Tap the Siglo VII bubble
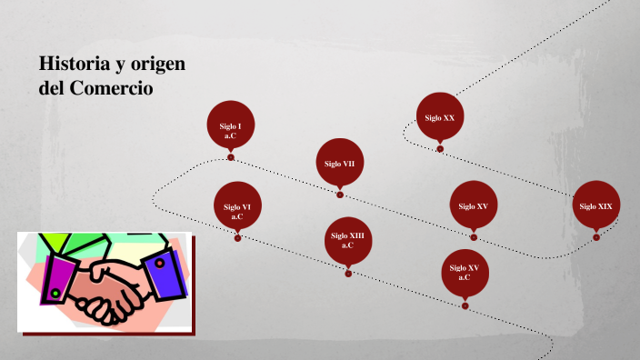click(340, 164)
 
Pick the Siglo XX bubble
click(441, 117)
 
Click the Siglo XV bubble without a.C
click(474, 207)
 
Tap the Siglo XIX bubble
click(596, 207)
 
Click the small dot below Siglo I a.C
click(231, 156)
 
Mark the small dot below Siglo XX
click(441, 148)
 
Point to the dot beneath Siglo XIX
click(596, 237)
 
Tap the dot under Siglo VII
click(340, 195)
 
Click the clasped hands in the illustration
click(104, 285)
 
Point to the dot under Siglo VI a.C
click(238, 238)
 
